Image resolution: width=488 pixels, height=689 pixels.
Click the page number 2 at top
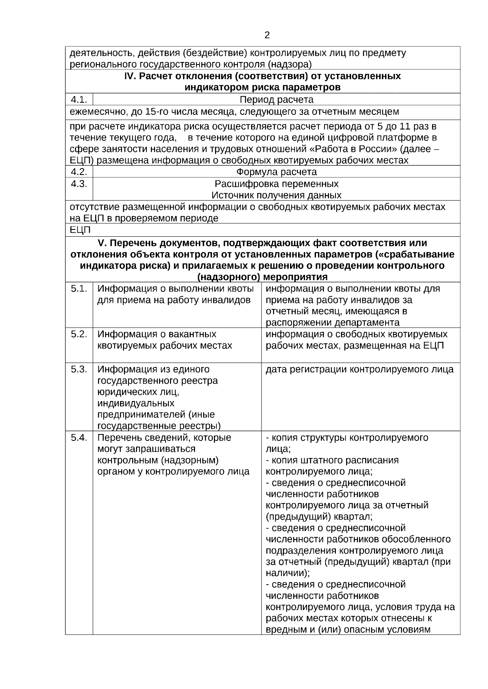click(267, 35)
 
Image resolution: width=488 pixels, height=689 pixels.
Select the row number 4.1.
click(78, 99)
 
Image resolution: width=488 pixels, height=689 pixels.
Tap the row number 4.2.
click(78, 172)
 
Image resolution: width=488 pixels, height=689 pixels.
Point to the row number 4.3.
click(78, 184)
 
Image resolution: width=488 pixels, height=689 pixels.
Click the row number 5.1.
click(79, 289)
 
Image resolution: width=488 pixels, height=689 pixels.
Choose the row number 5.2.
click(79, 334)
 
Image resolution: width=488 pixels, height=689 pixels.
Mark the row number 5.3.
click(79, 369)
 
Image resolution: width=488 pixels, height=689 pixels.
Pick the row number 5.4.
click(79, 438)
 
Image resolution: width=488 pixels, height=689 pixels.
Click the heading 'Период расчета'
click(277, 100)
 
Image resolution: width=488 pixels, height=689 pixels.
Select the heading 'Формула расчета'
click(277, 172)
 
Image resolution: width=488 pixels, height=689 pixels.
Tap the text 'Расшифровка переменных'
click(277, 184)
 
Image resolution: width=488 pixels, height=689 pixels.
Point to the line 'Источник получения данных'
click(277, 195)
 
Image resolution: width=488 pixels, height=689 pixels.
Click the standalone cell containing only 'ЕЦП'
click(80, 230)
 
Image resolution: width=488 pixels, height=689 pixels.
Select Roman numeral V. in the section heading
click(102, 243)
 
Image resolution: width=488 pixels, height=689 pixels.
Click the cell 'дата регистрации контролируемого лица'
click(359, 369)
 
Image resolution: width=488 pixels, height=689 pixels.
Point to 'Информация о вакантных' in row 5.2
click(157, 334)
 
